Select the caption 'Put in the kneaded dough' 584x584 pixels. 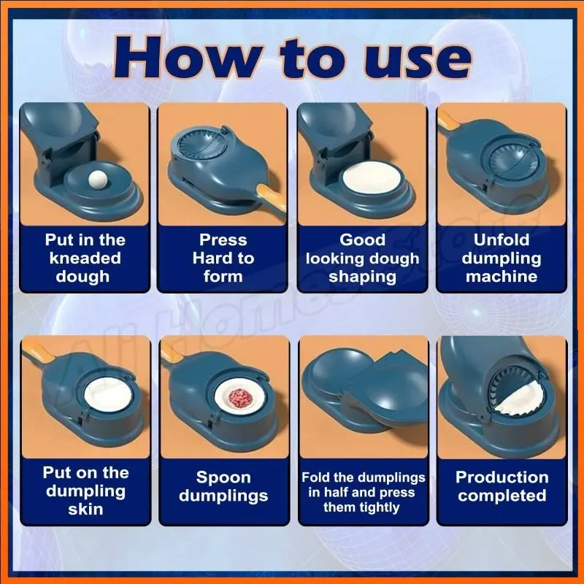pyautogui.click(x=85, y=258)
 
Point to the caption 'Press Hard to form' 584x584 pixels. pyautogui.click(x=223, y=258)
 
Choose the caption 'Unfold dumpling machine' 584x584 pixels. pyautogui.click(x=502, y=258)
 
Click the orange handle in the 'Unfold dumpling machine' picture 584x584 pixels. pyautogui.click(x=446, y=121)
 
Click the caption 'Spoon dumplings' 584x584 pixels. pyautogui.click(x=223, y=486)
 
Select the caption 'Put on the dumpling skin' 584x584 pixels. pyautogui.click(x=85, y=491)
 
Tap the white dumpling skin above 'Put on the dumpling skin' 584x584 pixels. pyautogui.click(x=108, y=396)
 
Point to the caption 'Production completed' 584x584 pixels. pyautogui.click(x=502, y=486)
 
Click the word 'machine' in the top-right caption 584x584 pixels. pyautogui.click(x=502, y=277)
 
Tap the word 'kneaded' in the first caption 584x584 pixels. pyautogui.click(x=85, y=258)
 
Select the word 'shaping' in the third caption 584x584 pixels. pyautogui.click(x=362, y=277)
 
